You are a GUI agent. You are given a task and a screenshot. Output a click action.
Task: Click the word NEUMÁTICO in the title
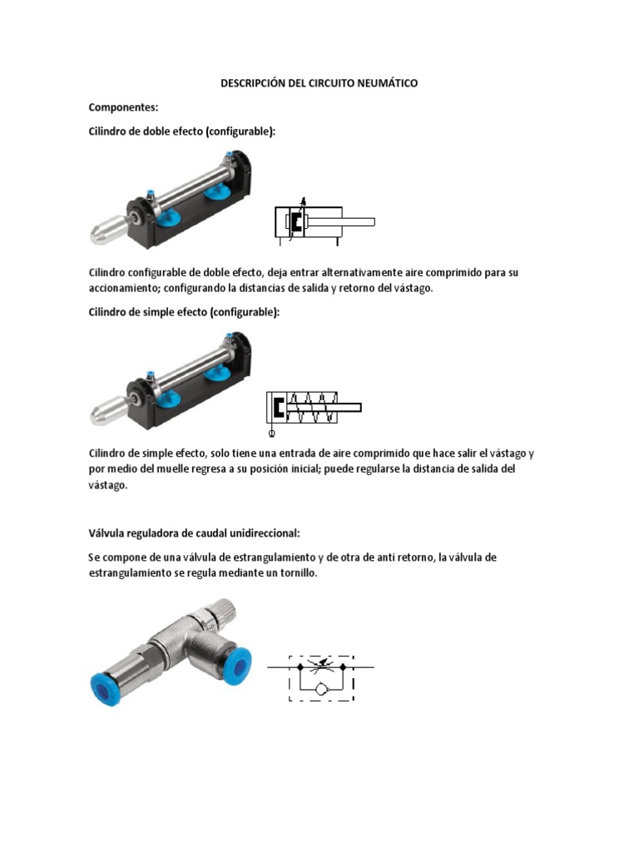[x=382, y=84]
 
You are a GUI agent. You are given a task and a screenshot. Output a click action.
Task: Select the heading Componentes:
[x=124, y=108]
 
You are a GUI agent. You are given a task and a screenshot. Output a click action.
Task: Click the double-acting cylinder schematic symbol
[x=324, y=222]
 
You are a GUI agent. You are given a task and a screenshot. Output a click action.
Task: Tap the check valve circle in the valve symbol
[x=321, y=690]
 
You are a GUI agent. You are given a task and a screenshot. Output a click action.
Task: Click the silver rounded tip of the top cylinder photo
[x=106, y=230]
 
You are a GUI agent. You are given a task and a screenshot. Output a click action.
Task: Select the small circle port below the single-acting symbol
[x=271, y=432]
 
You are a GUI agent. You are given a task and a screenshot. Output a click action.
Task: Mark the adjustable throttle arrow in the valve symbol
[x=321, y=666]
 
